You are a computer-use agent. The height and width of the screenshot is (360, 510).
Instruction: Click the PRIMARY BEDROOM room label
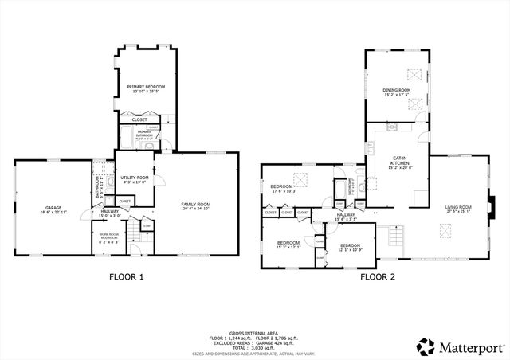click(146, 88)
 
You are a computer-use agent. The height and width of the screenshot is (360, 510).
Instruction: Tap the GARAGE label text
click(53, 209)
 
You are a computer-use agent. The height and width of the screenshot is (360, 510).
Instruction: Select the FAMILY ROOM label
click(195, 206)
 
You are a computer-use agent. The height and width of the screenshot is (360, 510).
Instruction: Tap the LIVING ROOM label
click(458, 209)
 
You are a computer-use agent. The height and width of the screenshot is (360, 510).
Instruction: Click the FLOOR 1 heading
click(126, 277)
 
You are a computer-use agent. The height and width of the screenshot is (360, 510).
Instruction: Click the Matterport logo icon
click(426, 346)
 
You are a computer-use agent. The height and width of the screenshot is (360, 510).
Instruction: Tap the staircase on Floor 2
click(390, 237)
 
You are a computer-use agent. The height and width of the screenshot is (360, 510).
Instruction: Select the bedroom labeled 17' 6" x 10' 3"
click(284, 189)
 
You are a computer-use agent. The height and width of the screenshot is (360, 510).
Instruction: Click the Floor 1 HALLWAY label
click(109, 213)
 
